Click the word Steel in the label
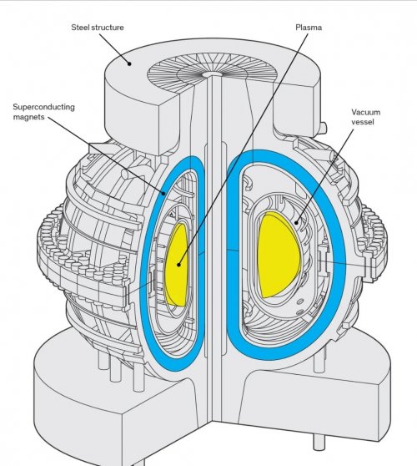[80, 28]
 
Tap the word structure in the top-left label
[107, 28]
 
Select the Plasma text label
[309, 28]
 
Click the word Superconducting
[44, 107]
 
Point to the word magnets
[29, 117]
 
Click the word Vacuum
[366, 112]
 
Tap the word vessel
[363, 122]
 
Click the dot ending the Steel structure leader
[129, 63]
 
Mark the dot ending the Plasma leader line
[178, 265]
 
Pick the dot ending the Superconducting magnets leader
[163, 194]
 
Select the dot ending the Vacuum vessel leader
[296, 222]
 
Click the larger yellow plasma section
[278, 256]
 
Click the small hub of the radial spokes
[211, 73]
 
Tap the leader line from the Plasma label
[243, 149]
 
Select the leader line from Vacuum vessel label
[324, 175]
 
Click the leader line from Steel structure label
[114, 48]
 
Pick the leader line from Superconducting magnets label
[106, 155]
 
